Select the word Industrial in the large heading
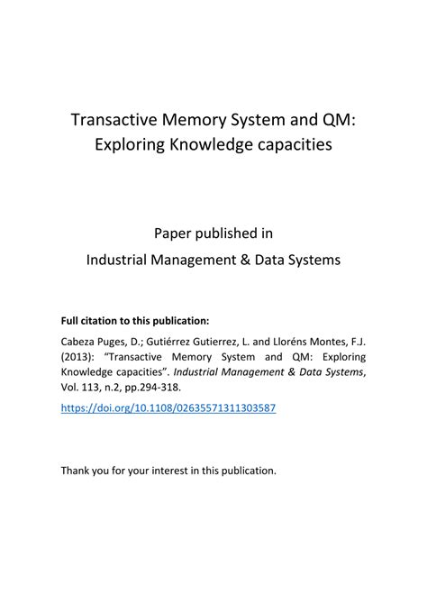pyautogui.click(x=121, y=260)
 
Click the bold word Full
pyautogui.click(x=71, y=320)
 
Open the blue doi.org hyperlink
pyautogui.click(x=168, y=408)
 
